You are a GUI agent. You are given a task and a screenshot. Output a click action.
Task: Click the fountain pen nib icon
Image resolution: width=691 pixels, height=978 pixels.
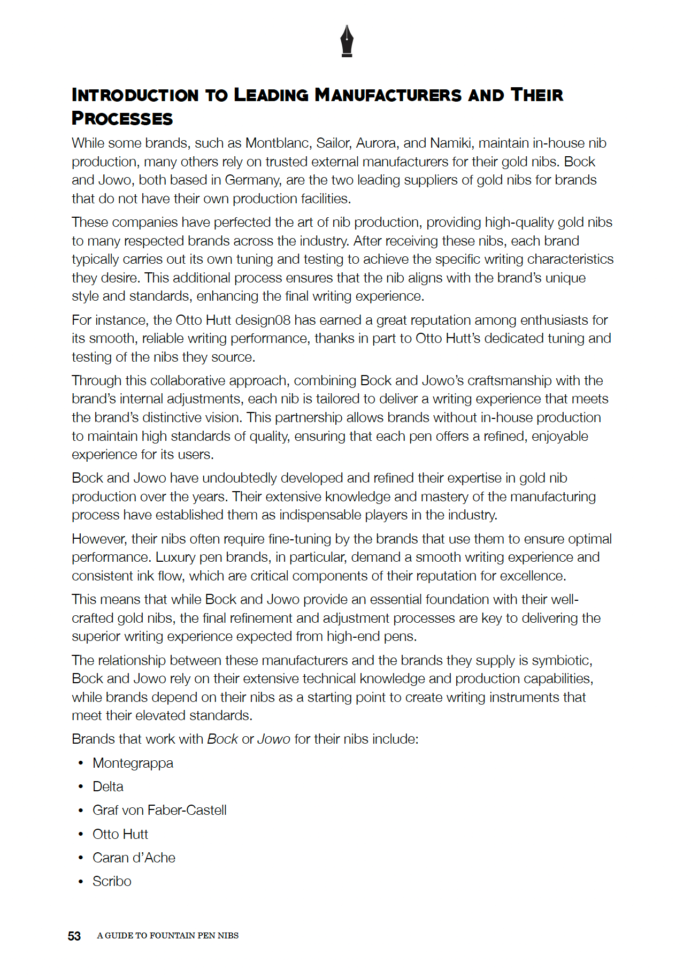click(347, 41)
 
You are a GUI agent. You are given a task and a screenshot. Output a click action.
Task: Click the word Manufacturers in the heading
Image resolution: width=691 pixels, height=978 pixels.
click(388, 95)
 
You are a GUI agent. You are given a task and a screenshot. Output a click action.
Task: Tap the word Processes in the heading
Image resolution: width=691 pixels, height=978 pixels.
click(122, 119)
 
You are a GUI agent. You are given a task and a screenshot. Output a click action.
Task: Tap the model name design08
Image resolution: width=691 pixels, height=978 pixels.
click(263, 320)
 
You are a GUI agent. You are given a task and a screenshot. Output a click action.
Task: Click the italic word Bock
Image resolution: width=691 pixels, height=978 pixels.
click(222, 739)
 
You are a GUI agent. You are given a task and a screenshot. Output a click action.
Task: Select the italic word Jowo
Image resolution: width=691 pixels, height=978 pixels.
click(274, 739)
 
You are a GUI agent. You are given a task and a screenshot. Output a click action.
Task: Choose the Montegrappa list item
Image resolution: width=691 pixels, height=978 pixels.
click(133, 763)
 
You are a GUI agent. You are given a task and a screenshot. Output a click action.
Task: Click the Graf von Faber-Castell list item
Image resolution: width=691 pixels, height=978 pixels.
click(159, 811)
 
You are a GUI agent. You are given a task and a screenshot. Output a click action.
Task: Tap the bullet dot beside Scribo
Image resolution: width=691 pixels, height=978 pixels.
click(81, 882)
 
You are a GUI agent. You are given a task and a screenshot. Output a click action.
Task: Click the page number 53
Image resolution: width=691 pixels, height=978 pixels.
click(74, 936)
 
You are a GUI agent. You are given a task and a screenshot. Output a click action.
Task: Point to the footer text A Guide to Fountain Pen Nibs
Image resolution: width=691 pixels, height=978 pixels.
click(167, 936)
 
